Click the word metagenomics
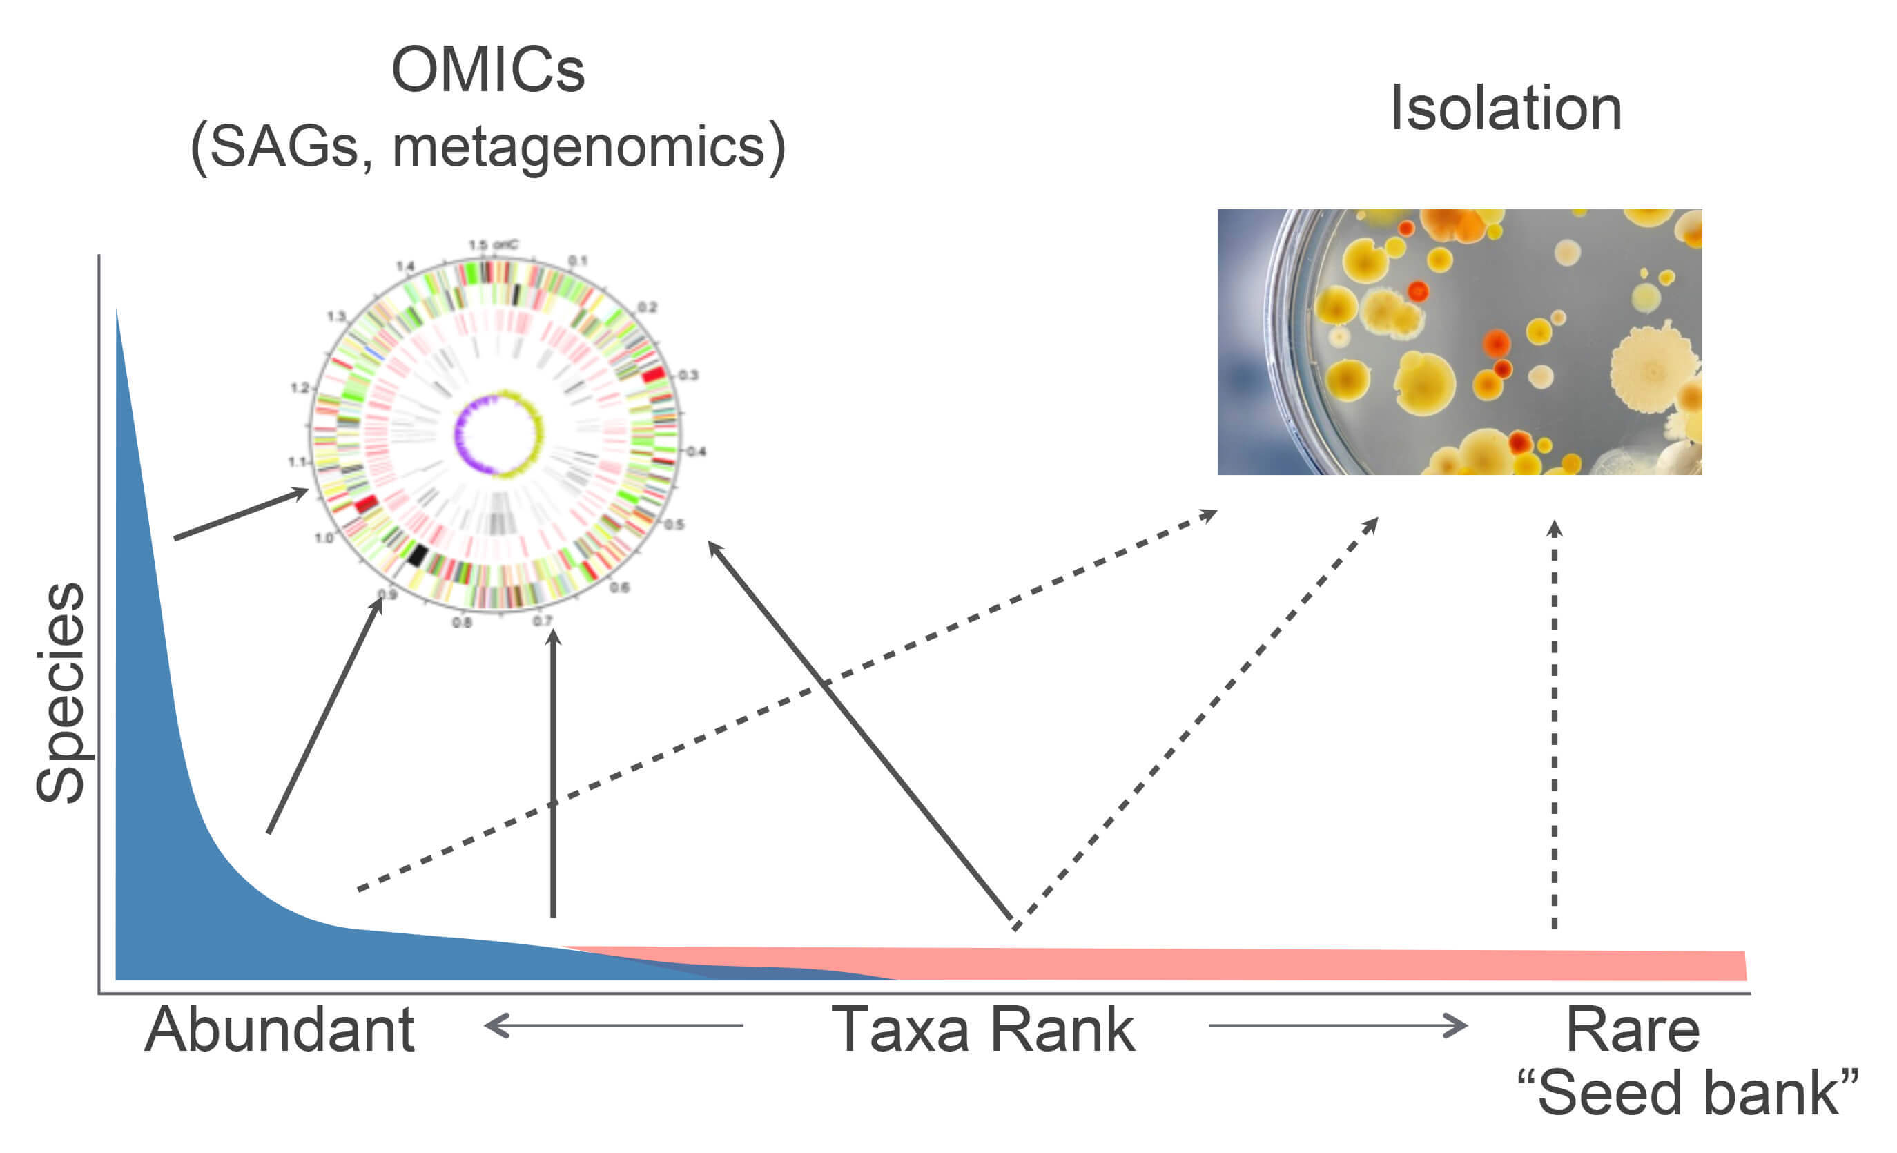[579, 147]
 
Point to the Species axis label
[61, 692]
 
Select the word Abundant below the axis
[280, 1030]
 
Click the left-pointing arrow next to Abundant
[612, 1026]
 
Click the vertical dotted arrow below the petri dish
[1555, 724]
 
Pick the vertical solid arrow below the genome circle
[553, 771]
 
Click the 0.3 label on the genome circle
[688, 375]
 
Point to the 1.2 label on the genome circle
[300, 387]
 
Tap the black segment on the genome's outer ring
[416, 555]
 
